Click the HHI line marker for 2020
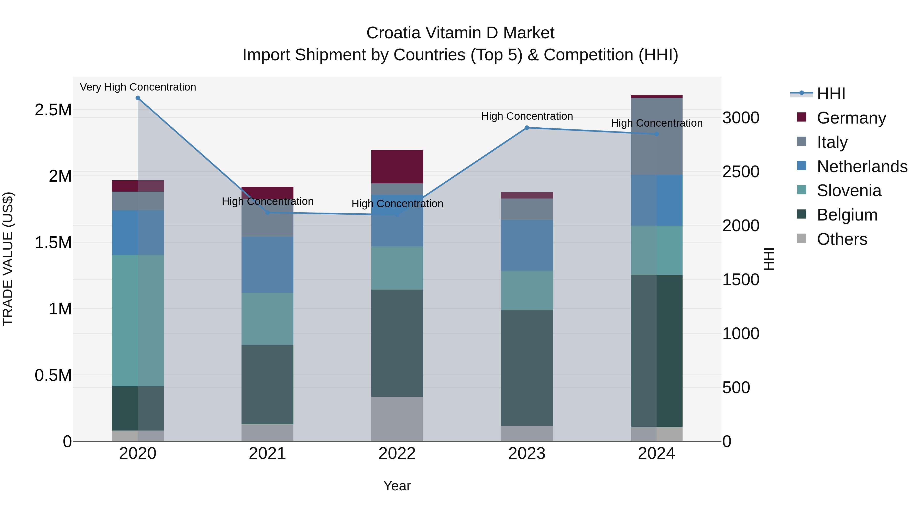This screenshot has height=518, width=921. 138,98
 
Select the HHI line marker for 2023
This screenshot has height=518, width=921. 527,128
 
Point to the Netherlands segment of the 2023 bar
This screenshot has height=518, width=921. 527,245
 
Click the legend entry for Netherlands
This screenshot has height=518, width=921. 862,166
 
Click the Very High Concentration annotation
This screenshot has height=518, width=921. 138,87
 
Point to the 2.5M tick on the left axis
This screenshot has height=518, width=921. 53,110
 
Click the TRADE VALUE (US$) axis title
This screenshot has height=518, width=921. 8,259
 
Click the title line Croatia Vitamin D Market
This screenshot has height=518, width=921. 460,33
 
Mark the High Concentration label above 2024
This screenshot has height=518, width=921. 656,123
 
